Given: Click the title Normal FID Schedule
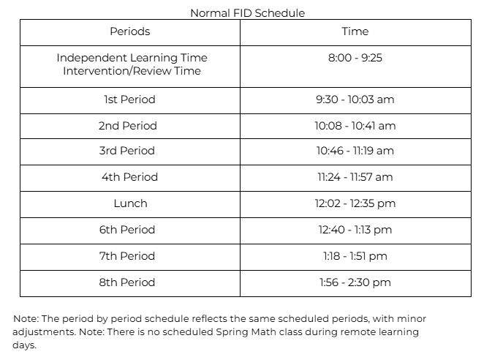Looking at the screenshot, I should [x=247, y=13].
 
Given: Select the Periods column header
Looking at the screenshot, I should [x=129, y=31].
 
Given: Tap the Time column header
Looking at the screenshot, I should [x=355, y=31].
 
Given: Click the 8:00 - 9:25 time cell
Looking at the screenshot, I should [x=355, y=58].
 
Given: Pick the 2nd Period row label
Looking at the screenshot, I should [x=128, y=126].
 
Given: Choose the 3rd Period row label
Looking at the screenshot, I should [x=127, y=151].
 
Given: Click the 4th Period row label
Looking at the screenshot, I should [x=129, y=177].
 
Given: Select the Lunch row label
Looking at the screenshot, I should [x=130, y=203].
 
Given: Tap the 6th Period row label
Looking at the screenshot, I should [x=127, y=230].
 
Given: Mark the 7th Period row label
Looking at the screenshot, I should [x=127, y=256].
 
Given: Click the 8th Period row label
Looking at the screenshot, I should [x=127, y=282].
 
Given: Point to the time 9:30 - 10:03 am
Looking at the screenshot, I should [x=355, y=100].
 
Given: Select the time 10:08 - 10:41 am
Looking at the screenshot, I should [x=355, y=126].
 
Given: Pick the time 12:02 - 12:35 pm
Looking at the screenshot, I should [x=355, y=203].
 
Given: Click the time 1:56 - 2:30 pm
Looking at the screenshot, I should [x=355, y=282].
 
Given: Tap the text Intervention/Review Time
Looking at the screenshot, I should [x=132, y=71].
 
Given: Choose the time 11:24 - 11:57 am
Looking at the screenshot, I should [x=355, y=177].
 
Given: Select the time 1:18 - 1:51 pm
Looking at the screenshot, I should [x=355, y=256].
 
